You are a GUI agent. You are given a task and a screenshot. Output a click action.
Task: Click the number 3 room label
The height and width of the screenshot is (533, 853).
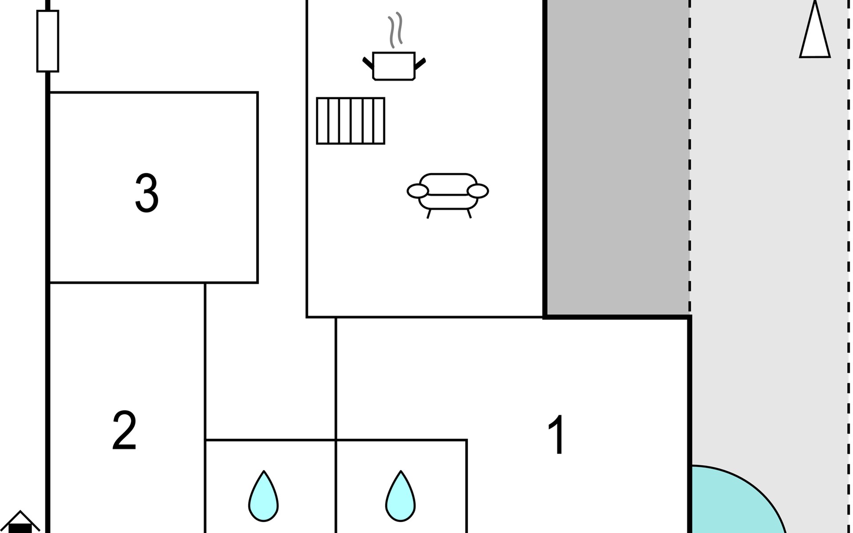147,193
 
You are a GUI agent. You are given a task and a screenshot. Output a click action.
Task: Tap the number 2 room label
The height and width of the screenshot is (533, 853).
124,430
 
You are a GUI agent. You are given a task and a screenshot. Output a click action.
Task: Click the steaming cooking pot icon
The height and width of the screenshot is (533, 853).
394,47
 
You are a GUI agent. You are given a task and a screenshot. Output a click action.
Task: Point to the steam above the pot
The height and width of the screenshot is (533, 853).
395,30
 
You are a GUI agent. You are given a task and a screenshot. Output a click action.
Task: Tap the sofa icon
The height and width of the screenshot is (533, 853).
448,195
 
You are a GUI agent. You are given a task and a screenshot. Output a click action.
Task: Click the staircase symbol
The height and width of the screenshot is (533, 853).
351,121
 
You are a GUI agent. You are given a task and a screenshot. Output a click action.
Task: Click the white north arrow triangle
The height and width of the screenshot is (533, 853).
815,31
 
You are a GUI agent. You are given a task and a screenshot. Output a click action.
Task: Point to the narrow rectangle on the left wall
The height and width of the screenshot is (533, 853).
48,41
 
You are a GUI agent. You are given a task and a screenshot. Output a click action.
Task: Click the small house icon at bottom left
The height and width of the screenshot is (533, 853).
20,523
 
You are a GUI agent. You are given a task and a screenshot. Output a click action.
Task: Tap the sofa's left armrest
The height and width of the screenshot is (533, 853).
418,191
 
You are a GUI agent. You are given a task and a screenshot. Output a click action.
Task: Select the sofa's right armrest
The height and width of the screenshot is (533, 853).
478,191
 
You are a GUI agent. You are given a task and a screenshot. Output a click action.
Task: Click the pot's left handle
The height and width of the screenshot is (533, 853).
368,63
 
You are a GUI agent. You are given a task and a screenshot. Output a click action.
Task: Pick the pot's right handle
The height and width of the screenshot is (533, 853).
420,64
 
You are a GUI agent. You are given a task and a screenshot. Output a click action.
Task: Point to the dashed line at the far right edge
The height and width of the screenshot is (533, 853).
848,266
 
